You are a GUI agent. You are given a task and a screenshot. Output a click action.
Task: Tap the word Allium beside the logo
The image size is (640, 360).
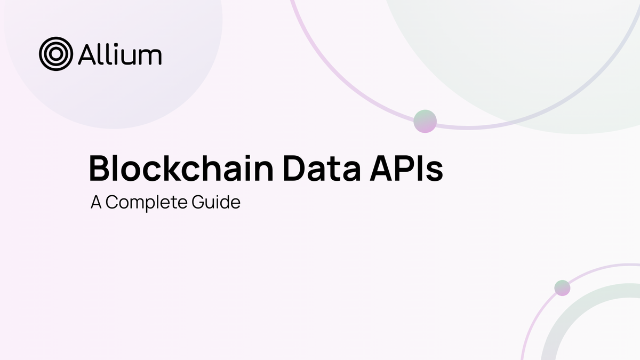[x=119, y=54]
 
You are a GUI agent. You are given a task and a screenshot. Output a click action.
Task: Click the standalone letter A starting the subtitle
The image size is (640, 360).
[x=96, y=203]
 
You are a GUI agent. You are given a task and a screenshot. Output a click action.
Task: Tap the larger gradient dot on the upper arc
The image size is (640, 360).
[x=425, y=121]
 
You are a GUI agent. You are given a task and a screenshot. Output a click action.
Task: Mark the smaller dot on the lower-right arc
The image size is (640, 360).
[x=562, y=288]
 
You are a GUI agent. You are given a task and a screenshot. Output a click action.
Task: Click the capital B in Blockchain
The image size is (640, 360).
[x=100, y=167]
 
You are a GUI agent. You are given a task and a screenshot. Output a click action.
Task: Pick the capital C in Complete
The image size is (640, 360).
[x=113, y=203]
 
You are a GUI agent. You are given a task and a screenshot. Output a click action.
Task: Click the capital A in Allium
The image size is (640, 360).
[x=87, y=54]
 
